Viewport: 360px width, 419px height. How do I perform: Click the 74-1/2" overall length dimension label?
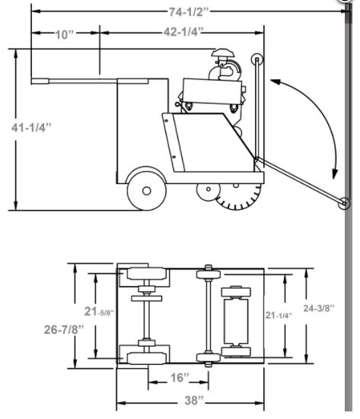[188, 11]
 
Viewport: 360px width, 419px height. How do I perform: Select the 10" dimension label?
[64, 34]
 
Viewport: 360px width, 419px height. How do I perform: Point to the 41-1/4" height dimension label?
[31, 128]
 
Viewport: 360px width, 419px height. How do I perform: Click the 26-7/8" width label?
[64, 329]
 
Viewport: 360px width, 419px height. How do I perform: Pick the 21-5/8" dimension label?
[99, 311]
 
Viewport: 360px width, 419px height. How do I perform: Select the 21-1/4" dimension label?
[279, 315]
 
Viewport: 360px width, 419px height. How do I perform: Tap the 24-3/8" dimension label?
[319, 308]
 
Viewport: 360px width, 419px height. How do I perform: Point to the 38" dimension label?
[194, 400]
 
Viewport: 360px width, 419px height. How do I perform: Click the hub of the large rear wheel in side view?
[147, 191]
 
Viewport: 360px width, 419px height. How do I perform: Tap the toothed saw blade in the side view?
[239, 198]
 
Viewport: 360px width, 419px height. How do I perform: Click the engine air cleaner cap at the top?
[223, 52]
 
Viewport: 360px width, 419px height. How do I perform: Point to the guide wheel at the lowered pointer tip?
[344, 204]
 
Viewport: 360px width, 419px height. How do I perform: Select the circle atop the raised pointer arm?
[256, 59]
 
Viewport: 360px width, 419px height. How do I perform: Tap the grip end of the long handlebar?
[40, 81]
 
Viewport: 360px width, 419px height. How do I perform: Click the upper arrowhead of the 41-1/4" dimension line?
[16, 54]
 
